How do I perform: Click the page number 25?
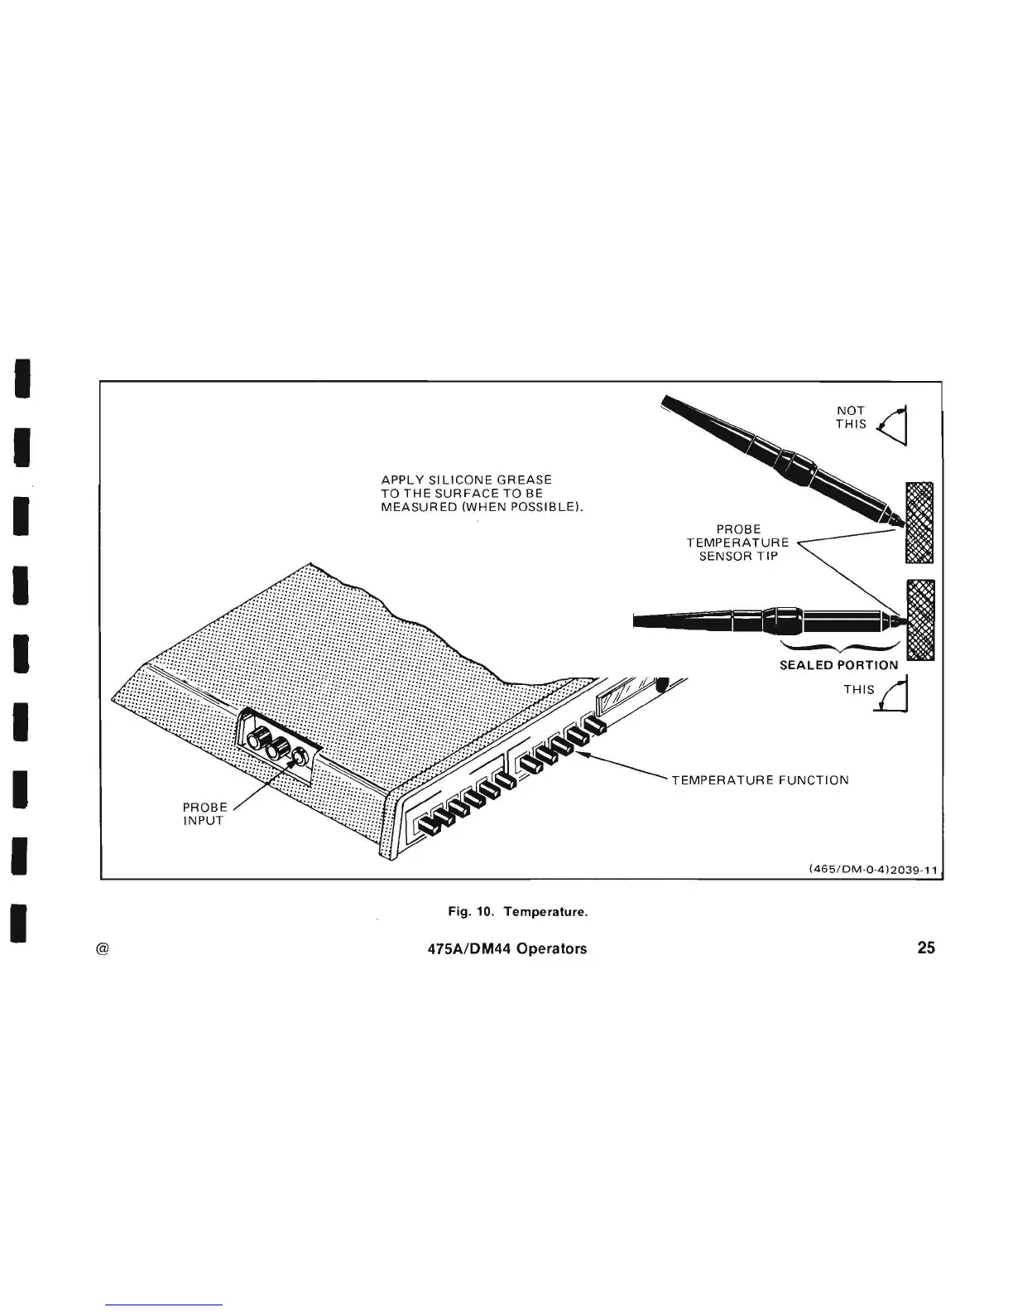click(926, 948)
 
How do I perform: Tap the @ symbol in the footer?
click(103, 948)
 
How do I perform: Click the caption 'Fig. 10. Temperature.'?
click(517, 912)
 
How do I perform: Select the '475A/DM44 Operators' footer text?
click(503, 948)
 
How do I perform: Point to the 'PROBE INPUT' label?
click(204, 813)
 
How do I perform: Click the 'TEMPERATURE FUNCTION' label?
click(759, 779)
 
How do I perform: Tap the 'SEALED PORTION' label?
click(838, 664)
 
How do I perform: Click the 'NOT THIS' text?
click(850, 417)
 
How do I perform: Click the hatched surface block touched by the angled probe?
click(920, 522)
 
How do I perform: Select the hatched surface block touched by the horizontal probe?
click(921, 618)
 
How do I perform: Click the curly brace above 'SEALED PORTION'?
click(839, 647)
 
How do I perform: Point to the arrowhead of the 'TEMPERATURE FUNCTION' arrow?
click(579, 752)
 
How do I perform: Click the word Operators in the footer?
click(551, 948)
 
